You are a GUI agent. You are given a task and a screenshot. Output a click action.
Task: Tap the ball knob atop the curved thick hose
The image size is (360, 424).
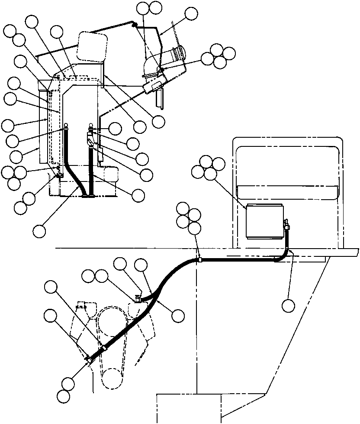[x=66, y=127]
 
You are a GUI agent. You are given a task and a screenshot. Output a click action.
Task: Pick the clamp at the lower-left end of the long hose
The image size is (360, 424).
[x=89, y=359]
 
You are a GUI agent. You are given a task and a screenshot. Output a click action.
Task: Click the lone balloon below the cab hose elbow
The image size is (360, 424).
[x=288, y=306]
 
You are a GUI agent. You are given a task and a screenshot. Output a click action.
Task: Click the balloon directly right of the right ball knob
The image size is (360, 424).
[x=115, y=128]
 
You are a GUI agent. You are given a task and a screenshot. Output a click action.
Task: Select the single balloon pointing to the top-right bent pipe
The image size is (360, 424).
[x=190, y=14]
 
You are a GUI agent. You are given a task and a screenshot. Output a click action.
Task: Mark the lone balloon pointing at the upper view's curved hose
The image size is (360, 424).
[x=39, y=230]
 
